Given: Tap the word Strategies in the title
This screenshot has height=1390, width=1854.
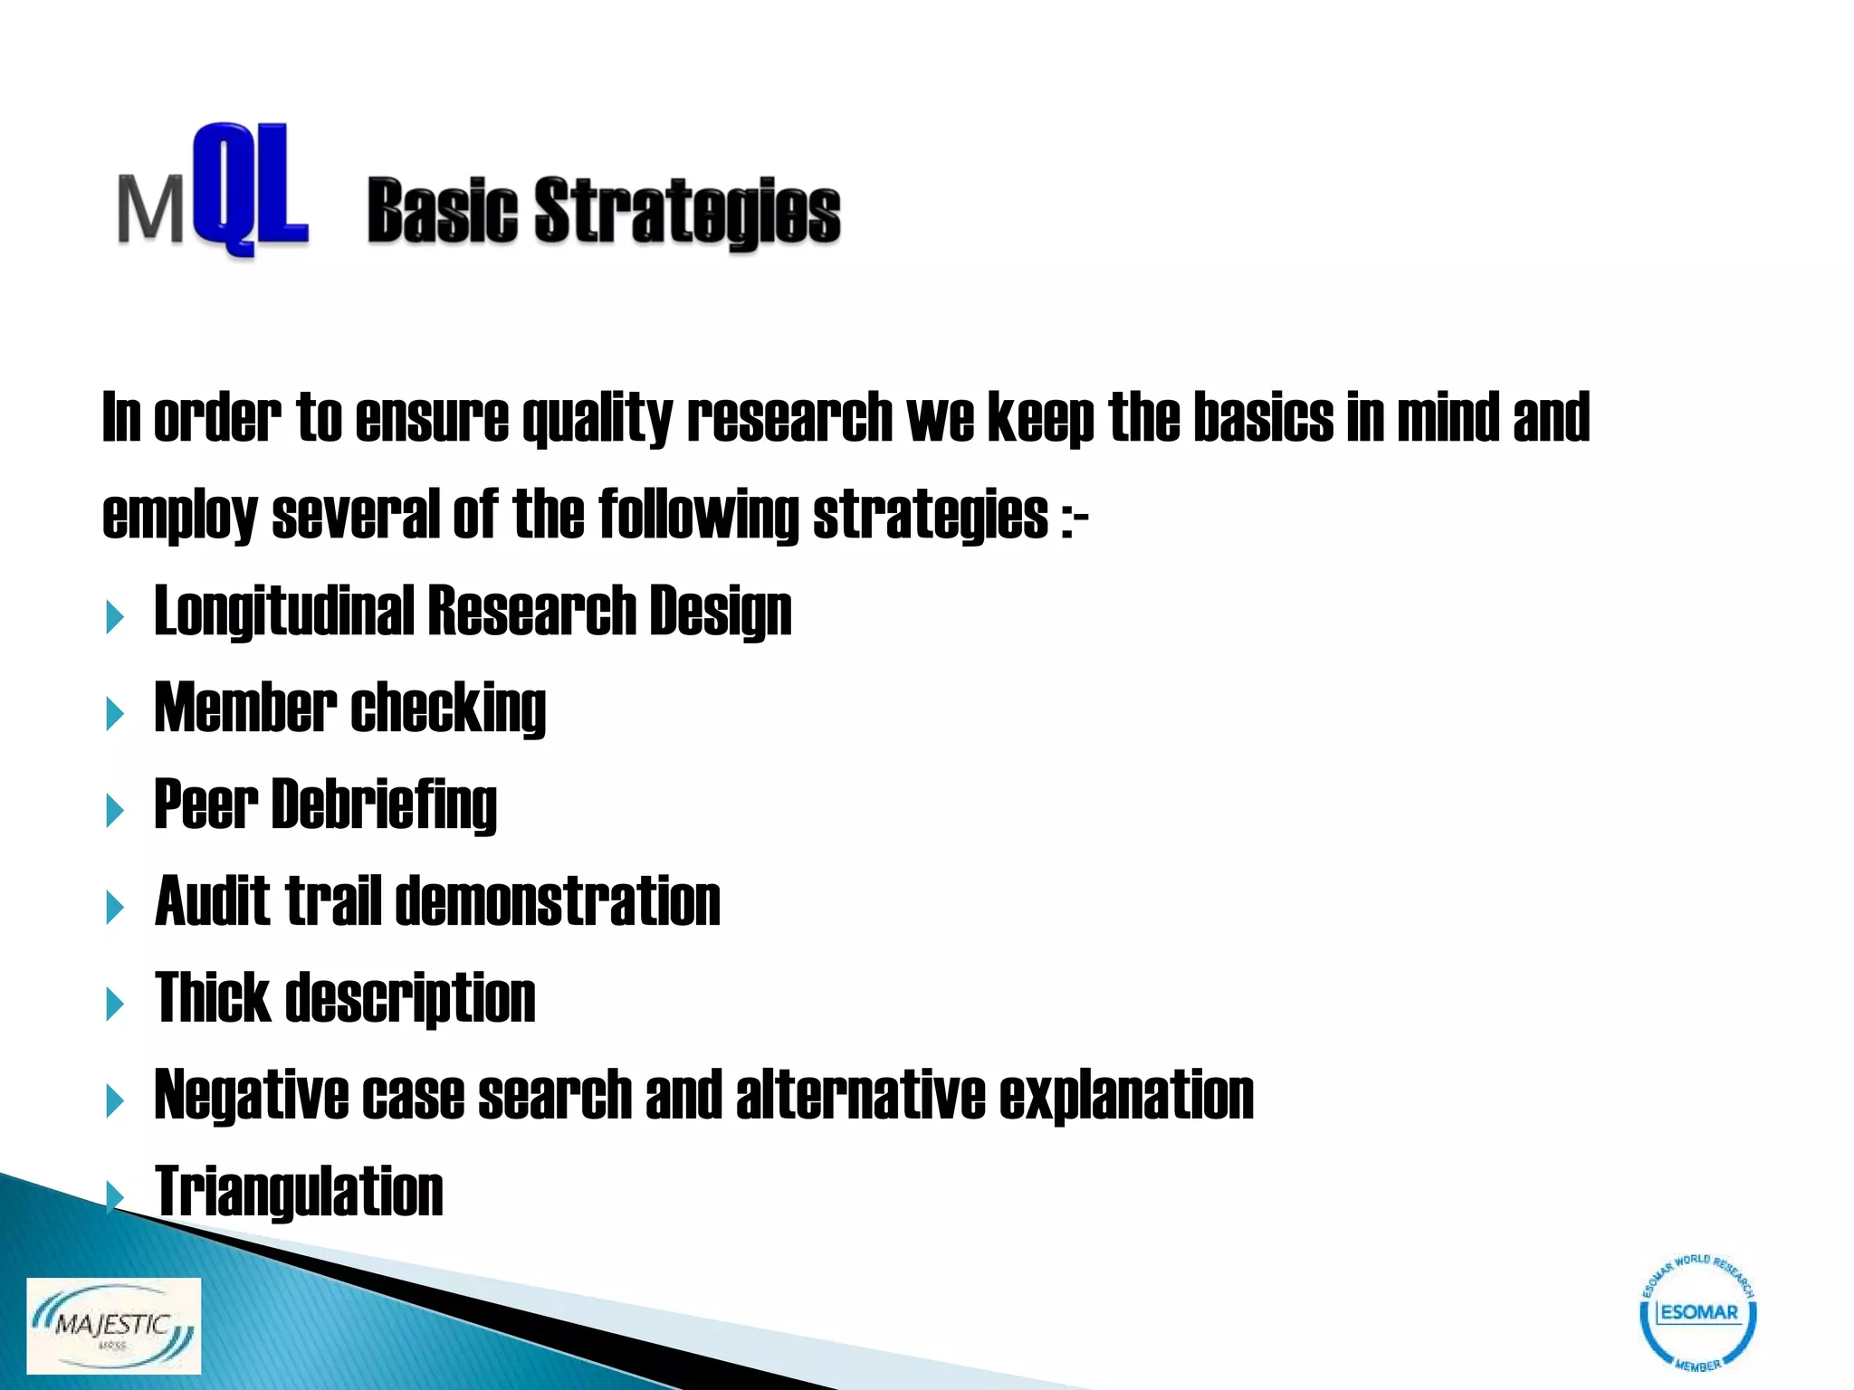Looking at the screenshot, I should (x=687, y=213).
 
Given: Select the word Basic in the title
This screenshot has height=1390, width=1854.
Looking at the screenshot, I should (x=442, y=213).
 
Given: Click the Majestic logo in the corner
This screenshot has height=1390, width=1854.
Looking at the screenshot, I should (x=113, y=1326).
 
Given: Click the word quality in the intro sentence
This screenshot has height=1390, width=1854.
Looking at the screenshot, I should (x=597, y=418).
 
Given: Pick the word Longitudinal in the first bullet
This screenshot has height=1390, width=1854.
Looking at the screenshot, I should (x=283, y=612).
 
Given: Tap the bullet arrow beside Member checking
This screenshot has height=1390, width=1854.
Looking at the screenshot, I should (x=115, y=714).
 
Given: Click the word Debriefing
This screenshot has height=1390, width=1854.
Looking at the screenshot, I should (x=384, y=804).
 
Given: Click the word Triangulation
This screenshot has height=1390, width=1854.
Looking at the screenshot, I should (x=300, y=1192).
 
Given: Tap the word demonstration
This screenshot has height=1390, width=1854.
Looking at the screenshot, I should (x=559, y=901).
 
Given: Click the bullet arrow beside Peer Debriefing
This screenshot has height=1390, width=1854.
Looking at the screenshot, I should (x=115, y=811).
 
